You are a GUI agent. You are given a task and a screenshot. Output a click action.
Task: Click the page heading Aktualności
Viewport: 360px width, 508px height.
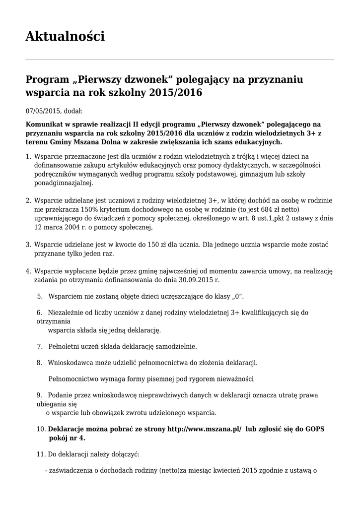pos(65,36)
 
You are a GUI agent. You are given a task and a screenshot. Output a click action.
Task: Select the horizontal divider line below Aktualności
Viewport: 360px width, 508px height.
pos(180,60)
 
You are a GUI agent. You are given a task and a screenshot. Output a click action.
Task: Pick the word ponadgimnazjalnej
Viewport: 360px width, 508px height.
pos(64,183)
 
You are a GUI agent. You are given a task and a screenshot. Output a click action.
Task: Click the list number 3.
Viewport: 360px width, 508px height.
pos(28,245)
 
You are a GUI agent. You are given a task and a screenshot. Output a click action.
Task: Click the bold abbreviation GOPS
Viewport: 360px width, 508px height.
pos(315,429)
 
